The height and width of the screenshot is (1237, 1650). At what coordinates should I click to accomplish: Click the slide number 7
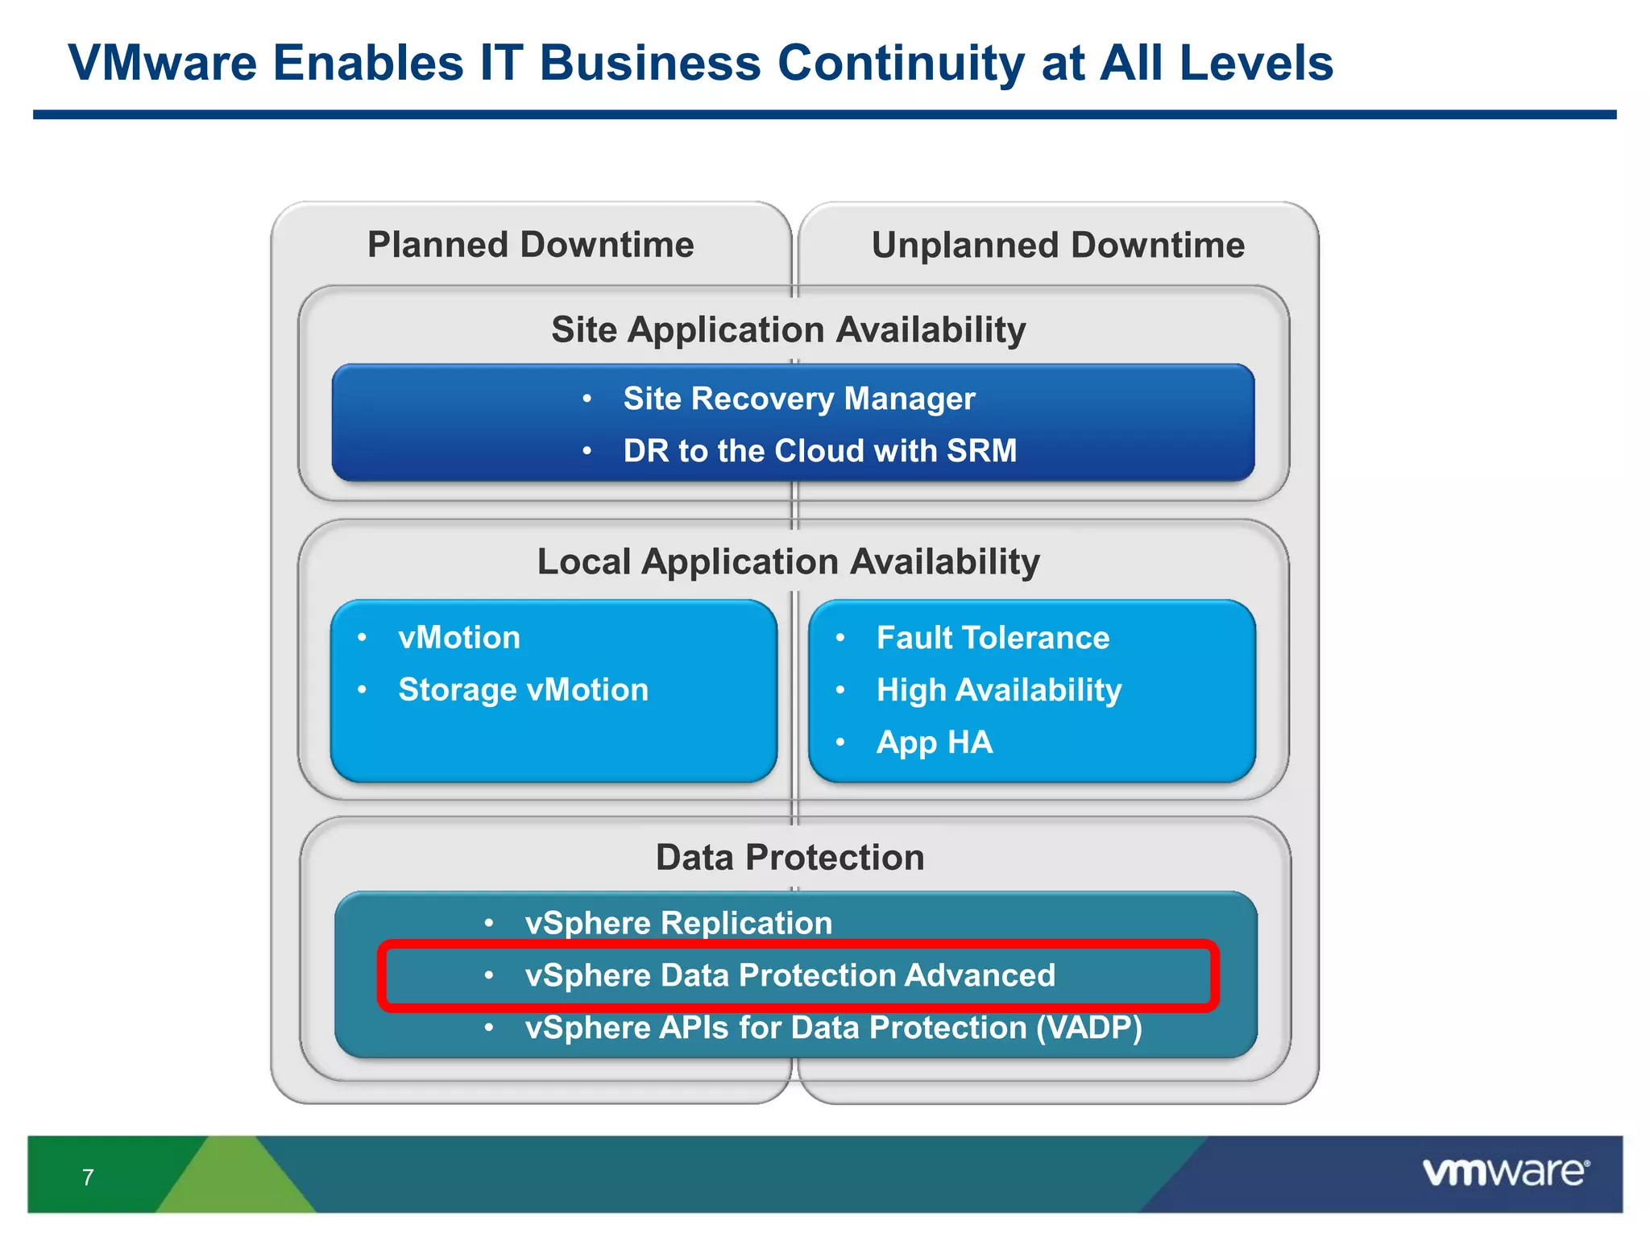pyautogui.click(x=88, y=1177)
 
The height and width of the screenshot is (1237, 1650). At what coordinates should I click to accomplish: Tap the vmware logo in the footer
pyautogui.click(x=1505, y=1172)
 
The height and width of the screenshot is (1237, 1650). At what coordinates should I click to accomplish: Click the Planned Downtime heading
pyautogui.click(x=530, y=245)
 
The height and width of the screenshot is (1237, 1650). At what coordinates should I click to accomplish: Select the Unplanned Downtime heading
pyautogui.click(x=1057, y=245)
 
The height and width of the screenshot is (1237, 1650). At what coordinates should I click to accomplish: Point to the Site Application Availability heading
pyautogui.click(x=788, y=330)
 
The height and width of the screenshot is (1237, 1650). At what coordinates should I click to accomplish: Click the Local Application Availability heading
pyautogui.click(x=788, y=562)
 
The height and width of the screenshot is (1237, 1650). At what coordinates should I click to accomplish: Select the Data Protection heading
pyautogui.click(x=790, y=858)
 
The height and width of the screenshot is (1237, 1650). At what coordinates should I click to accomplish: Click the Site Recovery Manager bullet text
pyautogui.click(x=798, y=399)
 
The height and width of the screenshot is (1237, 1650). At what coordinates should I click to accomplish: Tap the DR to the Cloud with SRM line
pyautogui.click(x=819, y=451)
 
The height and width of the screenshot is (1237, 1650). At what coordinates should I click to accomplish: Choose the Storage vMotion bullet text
pyautogui.click(x=523, y=690)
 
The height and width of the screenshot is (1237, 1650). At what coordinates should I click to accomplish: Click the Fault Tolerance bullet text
pyautogui.click(x=993, y=638)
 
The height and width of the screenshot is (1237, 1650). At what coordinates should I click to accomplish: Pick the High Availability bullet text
pyautogui.click(x=998, y=690)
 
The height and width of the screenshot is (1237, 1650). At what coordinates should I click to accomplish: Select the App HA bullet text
pyautogui.click(x=934, y=743)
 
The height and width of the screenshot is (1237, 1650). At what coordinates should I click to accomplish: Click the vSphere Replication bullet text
pyautogui.click(x=678, y=923)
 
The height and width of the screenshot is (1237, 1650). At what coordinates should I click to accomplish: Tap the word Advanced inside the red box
pyautogui.click(x=979, y=975)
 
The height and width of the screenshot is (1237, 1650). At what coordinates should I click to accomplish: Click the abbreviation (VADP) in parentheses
pyautogui.click(x=1088, y=1028)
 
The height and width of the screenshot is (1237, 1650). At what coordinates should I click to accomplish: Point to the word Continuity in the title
pyautogui.click(x=901, y=63)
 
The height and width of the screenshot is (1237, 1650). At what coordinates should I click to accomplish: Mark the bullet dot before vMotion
pyautogui.click(x=362, y=638)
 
